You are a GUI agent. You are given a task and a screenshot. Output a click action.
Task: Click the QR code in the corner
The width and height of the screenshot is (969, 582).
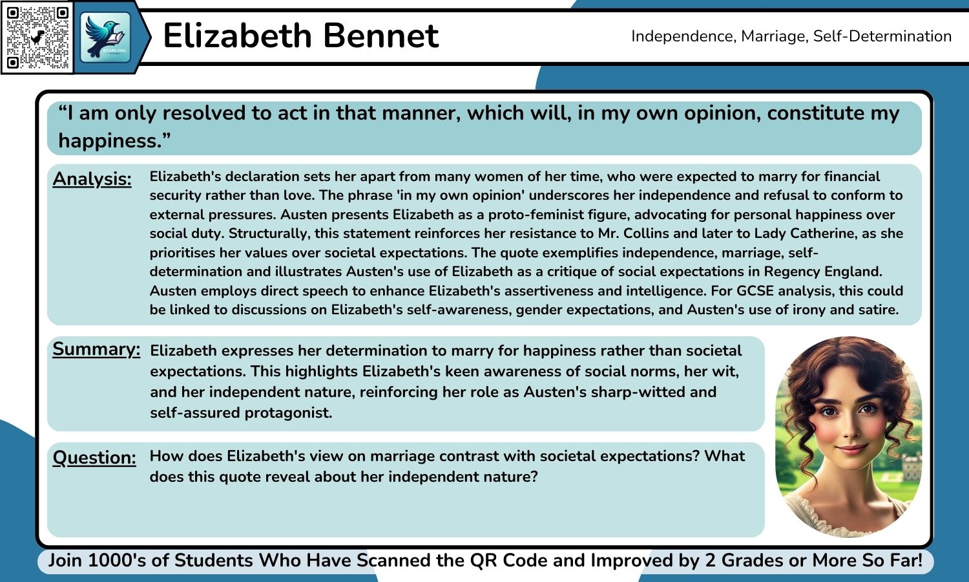point(37,38)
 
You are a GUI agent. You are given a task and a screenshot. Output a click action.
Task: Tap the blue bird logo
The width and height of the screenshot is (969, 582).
point(105,37)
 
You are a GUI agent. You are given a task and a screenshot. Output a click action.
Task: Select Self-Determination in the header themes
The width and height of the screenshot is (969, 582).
point(882,36)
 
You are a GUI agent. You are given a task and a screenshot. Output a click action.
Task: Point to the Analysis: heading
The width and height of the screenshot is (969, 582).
point(92,178)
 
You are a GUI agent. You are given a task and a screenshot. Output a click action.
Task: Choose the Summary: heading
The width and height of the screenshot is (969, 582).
point(96,349)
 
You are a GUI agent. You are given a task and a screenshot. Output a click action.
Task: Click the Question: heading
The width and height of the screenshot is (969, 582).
point(94,457)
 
